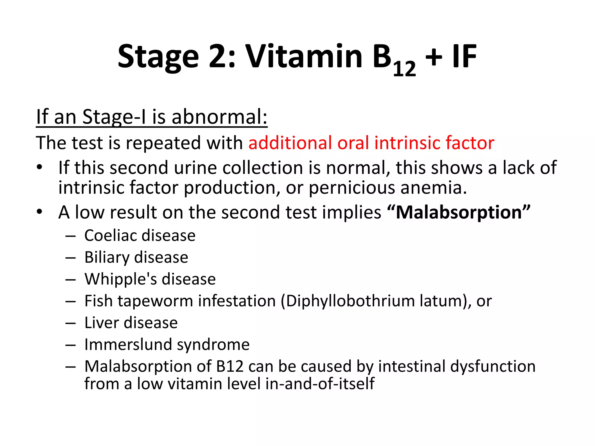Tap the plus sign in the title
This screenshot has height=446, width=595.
(433, 56)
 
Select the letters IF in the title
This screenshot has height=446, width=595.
(464, 56)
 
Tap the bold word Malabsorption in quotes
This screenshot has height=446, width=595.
(459, 212)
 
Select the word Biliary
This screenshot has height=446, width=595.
(107, 257)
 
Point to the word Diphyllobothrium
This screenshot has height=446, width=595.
(351, 301)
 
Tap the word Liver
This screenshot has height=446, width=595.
(101, 323)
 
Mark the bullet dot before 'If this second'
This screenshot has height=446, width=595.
(40, 168)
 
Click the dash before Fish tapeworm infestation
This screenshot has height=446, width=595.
(71, 301)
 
